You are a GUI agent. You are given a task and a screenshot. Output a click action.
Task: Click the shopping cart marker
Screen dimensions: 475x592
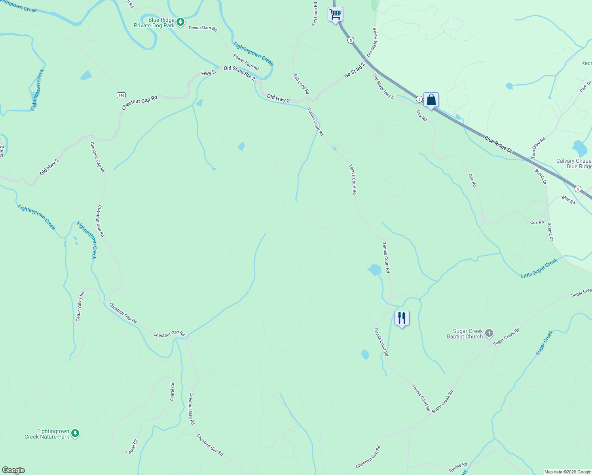click(335, 15)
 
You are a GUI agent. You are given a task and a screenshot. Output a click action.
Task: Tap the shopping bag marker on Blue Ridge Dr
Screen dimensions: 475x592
click(431, 100)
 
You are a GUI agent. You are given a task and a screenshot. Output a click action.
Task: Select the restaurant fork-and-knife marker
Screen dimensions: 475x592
click(402, 318)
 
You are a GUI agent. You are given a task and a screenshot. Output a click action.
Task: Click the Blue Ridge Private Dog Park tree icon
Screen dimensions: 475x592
click(180, 22)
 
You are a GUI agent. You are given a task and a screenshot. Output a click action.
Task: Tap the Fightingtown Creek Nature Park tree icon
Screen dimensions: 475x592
click(75, 433)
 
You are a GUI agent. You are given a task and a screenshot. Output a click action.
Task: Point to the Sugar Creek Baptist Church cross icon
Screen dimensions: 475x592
click(489, 333)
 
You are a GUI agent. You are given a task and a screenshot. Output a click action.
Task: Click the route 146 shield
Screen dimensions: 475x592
click(121, 95)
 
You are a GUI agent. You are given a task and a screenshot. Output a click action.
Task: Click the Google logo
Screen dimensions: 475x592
click(13, 470)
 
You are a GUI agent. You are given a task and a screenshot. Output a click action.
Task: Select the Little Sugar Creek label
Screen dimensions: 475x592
click(539, 268)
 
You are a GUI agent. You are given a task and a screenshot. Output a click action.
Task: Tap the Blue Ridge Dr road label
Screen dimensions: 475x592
click(498, 145)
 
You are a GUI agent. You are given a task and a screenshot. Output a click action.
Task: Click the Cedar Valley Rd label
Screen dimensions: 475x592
click(80, 306)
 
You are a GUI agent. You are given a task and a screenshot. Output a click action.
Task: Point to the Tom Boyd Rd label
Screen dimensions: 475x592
click(539, 148)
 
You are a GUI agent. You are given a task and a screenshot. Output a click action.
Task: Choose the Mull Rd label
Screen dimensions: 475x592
click(569, 200)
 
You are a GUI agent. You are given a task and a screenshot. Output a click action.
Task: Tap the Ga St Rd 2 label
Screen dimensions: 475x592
click(354, 69)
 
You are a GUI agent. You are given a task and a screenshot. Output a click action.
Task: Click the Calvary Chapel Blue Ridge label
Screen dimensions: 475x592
click(574, 163)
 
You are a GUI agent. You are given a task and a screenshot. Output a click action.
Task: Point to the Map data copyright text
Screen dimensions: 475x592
click(567, 472)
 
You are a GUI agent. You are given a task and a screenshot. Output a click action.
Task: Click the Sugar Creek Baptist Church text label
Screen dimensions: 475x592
click(465, 334)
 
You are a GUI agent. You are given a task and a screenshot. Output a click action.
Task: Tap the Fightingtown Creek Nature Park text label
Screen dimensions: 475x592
click(47, 434)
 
